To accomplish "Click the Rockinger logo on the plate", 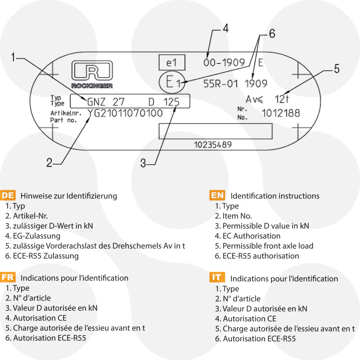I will click(92, 75).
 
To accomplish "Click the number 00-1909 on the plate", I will click(224, 63).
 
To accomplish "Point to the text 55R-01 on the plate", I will click(220, 83).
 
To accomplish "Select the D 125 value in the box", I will click(164, 102).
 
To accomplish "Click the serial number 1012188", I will click(281, 113).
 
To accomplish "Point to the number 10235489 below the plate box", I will click(213, 145).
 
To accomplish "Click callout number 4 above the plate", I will click(225, 28).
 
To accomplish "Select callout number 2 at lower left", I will click(49, 162).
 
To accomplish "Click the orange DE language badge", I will click(9, 195).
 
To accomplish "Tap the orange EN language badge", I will click(218, 195).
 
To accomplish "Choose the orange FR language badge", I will click(9, 278).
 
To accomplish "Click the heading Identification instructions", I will click(275, 196).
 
